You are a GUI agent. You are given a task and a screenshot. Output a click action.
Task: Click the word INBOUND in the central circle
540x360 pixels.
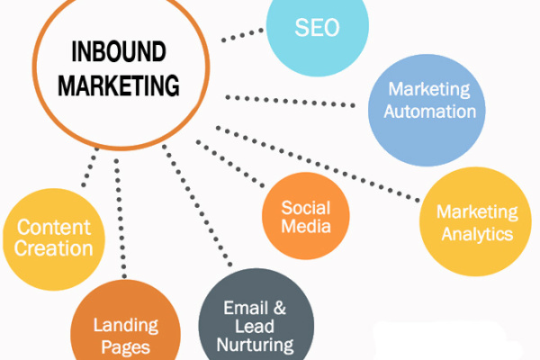pos(119,51)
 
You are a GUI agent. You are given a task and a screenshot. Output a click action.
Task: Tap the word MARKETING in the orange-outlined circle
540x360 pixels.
pos(119,85)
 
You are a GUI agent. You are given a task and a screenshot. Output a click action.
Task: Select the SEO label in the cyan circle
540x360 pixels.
pos(317,28)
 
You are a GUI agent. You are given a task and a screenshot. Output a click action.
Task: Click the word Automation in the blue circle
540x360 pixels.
pos(430,112)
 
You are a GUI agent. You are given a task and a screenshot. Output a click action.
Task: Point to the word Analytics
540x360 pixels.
pos(477,234)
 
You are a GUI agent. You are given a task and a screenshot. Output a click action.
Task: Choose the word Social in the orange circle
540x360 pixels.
pos(306,208)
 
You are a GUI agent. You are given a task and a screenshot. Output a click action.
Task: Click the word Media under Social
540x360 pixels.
pos(306,226)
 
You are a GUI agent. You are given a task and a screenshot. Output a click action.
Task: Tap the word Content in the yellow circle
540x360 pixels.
pos(54,228)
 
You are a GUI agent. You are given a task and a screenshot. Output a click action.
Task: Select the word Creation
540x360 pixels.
pos(54,248)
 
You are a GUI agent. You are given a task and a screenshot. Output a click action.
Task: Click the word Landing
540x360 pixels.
pos(126,326)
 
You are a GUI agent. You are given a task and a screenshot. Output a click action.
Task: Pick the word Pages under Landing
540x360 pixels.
pos(126,347)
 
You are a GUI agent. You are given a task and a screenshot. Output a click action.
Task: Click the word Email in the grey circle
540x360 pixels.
pos(246,308)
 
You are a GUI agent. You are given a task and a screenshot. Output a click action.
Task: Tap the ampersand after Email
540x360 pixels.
pos(280,308)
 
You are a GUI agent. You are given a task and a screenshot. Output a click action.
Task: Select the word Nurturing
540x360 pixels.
pos(256,345)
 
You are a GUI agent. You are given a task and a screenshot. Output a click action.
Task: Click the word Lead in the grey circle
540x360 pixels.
pos(255,326)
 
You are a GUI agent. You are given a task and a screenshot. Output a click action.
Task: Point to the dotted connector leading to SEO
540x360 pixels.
pos(242,35)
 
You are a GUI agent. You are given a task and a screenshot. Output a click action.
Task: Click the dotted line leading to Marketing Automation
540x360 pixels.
pos(290,102)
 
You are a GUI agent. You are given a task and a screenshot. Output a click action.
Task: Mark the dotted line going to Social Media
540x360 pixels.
pos(230,164)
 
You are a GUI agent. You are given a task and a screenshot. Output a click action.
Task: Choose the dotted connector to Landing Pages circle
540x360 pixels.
pos(121,219)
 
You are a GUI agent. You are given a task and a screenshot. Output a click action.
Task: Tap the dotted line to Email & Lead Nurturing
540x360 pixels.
pos(197,206)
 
